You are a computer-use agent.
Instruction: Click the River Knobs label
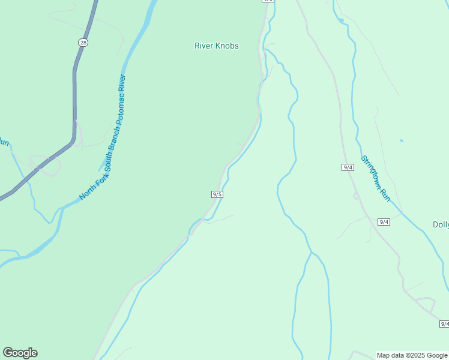[x=217, y=46]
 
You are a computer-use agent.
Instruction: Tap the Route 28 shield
[x=83, y=41]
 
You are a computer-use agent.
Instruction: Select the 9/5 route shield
[x=217, y=194]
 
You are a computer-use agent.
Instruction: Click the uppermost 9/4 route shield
[x=348, y=167]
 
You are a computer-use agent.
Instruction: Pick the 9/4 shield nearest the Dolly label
[x=384, y=222]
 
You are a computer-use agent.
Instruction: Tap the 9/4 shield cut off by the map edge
[x=444, y=324]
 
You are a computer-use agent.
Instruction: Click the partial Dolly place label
[x=441, y=225]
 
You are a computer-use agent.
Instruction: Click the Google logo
[x=20, y=353]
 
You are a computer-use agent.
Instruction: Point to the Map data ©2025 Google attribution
[x=412, y=355]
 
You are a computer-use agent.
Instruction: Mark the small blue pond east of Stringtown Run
[x=401, y=141]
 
